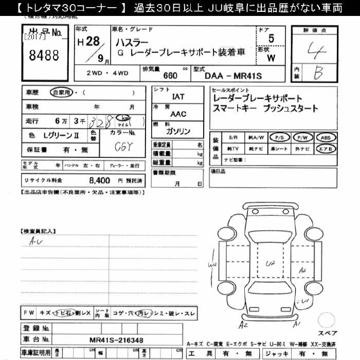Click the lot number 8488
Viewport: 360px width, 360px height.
click(44, 55)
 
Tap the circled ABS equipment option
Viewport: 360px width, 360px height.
click(326, 138)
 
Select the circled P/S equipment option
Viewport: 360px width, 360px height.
click(280, 138)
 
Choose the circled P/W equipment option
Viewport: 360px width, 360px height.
click(302, 138)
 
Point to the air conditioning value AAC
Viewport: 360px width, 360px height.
click(178, 114)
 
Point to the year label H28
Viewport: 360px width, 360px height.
click(88, 43)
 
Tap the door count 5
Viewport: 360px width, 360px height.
click(271, 39)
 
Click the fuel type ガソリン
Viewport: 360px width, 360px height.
click(178, 131)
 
